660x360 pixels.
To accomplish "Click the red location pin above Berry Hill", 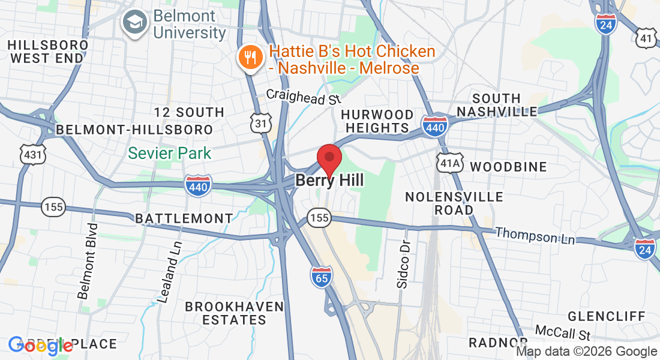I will [x=329, y=158].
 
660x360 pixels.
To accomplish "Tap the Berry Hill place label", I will [x=329, y=181].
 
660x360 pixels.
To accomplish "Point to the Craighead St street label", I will [x=304, y=96].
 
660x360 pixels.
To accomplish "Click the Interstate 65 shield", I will [x=322, y=277].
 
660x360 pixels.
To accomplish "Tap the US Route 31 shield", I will [x=261, y=122].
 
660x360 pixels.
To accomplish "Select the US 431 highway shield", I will [x=32, y=155].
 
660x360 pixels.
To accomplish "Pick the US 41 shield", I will [x=646, y=39].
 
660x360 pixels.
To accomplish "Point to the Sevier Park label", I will [x=170, y=153].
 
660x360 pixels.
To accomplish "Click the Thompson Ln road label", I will [x=535, y=236].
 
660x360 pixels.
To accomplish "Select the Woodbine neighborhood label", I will [x=508, y=167].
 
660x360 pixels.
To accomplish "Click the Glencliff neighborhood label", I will [x=607, y=316].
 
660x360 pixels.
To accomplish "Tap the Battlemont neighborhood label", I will [x=184, y=218].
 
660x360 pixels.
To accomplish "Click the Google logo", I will [x=40, y=345].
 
